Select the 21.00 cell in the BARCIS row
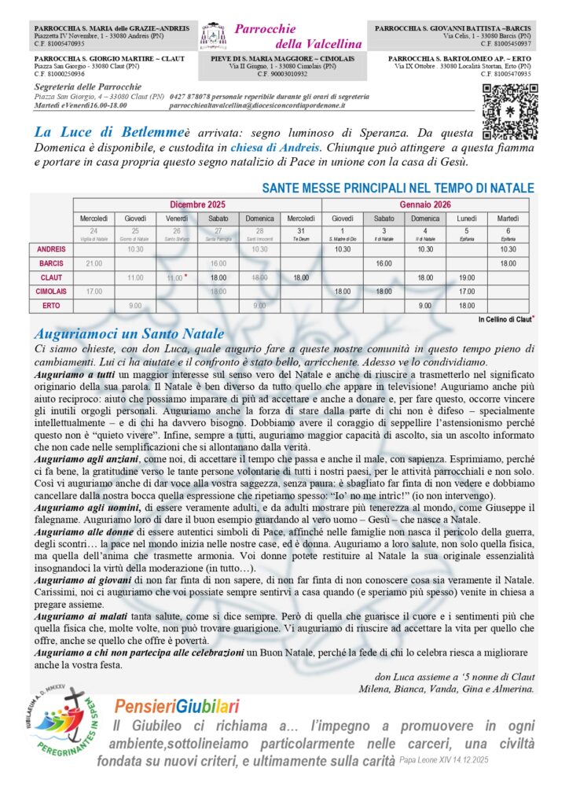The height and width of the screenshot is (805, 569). point(94,263)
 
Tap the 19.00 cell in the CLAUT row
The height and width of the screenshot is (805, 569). point(468,277)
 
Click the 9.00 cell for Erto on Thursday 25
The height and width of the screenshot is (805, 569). point(135,305)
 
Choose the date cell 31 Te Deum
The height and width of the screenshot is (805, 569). point(301,233)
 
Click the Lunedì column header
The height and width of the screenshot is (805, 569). point(468,218)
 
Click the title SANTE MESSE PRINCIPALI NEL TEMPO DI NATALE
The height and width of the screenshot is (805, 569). point(398,189)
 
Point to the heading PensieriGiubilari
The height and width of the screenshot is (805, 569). point(177,707)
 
